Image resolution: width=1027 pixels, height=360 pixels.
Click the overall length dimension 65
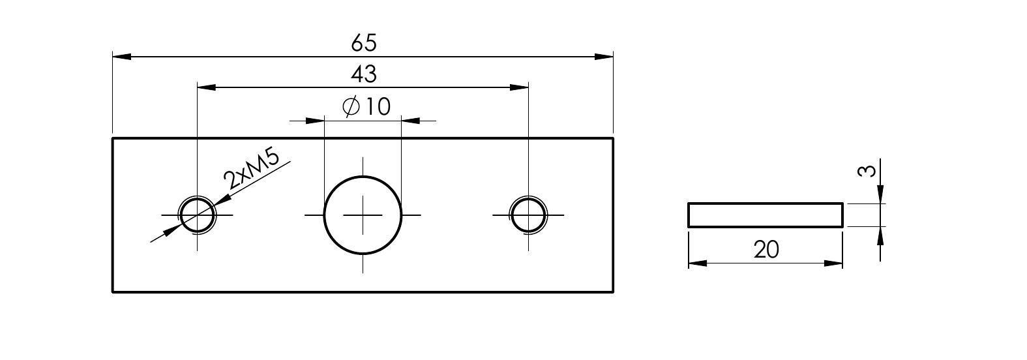364,42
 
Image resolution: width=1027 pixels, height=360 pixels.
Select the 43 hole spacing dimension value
364,74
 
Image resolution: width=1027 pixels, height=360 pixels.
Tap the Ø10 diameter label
366,106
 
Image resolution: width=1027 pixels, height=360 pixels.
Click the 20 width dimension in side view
766,250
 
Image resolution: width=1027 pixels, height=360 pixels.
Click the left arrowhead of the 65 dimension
122,56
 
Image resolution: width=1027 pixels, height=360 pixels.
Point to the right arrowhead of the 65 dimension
603,56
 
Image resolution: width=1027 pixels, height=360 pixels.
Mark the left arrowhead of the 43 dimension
206,87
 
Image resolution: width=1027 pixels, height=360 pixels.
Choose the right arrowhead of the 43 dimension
519,87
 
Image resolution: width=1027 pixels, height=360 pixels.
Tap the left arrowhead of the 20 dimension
698,263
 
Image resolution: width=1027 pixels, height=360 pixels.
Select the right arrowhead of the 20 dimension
833,263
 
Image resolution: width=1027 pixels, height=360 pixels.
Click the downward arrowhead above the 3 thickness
880,194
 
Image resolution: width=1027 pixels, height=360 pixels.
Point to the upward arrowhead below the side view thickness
880,236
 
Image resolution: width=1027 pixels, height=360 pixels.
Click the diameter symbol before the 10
351,107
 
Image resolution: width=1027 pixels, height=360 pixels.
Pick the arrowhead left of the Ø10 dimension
315,121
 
